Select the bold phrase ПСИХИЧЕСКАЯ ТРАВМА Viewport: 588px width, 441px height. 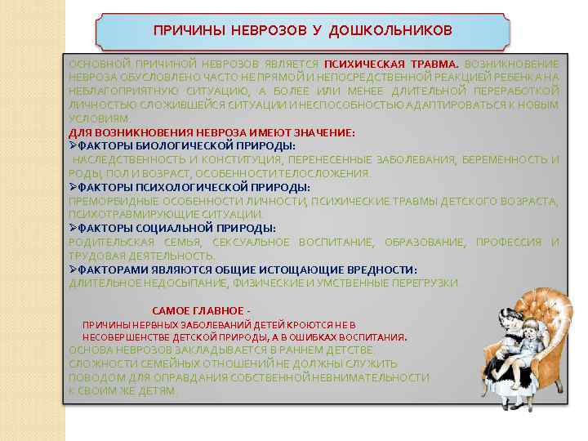tap(392, 64)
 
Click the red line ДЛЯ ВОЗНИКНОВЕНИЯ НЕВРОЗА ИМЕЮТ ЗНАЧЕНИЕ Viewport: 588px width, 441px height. tap(212, 132)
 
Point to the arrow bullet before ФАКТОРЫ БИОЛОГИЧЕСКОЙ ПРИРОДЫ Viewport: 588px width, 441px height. tap(73, 146)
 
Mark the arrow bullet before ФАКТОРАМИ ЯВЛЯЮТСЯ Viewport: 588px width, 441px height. tap(73, 269)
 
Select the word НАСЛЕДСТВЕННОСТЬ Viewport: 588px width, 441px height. tap(122, 160)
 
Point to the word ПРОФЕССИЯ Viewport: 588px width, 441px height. tap(509, 243)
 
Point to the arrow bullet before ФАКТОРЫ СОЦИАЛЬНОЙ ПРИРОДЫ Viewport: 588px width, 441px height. tap(73, 229)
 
